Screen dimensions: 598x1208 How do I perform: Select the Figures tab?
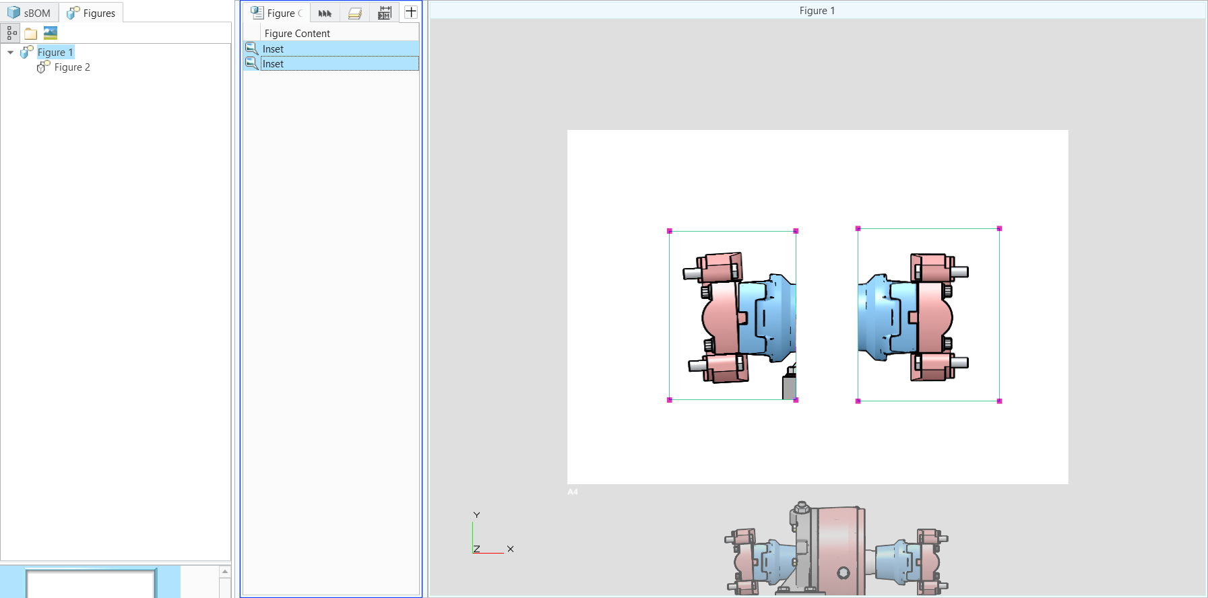[x=92, y=13]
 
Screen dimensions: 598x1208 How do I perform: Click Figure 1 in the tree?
[x=55, y=53]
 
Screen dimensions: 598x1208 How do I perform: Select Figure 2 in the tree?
[x=71, y=67]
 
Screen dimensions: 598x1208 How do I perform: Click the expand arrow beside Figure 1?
[x=10, y=53]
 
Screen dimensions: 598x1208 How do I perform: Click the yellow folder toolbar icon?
[x=31, y=34]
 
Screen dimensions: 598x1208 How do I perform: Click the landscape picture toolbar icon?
[x=51, y=33]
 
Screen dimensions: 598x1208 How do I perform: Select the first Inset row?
[x=273, y=48]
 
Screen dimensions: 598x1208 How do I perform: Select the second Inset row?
[x=273, y=64]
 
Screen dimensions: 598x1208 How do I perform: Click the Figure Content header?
[x=297, y=34]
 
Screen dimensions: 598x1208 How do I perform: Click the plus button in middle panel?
[x=411, y=12]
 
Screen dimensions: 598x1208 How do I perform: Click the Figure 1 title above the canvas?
[x=817, y=11]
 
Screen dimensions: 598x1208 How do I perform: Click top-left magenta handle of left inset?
[x=670, y=231]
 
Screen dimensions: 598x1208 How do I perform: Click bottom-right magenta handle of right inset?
[x=999, y=401]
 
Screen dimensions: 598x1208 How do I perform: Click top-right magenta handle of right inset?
[x=999, y=229]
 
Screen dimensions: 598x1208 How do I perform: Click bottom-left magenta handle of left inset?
[x=670, y=400]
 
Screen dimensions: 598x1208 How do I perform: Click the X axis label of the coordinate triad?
[x=511, y=549]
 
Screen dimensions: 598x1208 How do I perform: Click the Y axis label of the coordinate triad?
[x=476, y=515]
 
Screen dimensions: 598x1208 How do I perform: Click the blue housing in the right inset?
[x=876, y=317]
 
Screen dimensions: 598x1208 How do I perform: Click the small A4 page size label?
[x=573, y=492]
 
